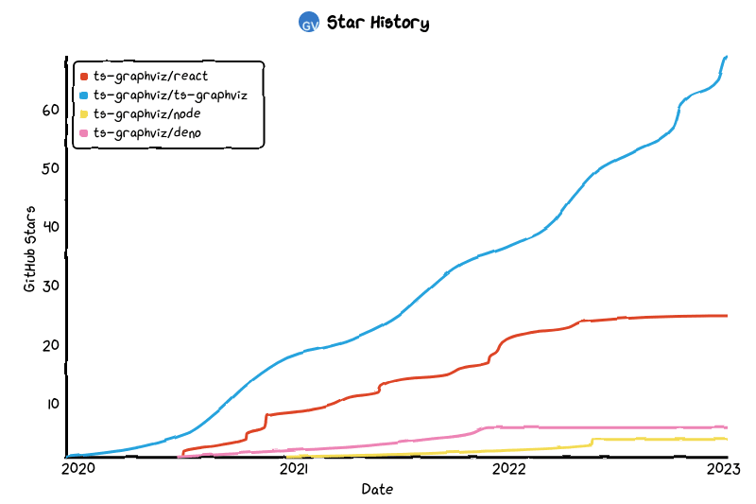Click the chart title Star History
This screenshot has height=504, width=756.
(x=377, y=23)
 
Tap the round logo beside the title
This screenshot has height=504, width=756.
(x=308, y=23)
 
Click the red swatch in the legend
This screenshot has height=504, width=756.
(x=84, y=76)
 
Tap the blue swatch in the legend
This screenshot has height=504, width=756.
(x=84, y=95)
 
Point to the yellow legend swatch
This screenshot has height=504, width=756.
(x=84, y=113)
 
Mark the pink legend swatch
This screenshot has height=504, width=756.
(x=84, y=132)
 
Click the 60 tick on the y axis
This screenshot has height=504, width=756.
(x=50, y=110)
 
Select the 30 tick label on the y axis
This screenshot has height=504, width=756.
(x=50, y=286)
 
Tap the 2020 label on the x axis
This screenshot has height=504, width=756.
(x=77, y=468)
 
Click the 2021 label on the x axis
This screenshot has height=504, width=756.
(x=294, y=468)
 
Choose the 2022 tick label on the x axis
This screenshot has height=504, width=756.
(x=509, y=468)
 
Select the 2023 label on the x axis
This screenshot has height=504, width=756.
(x=725, y=468)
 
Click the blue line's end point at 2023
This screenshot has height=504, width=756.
(x=726, y=57)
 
